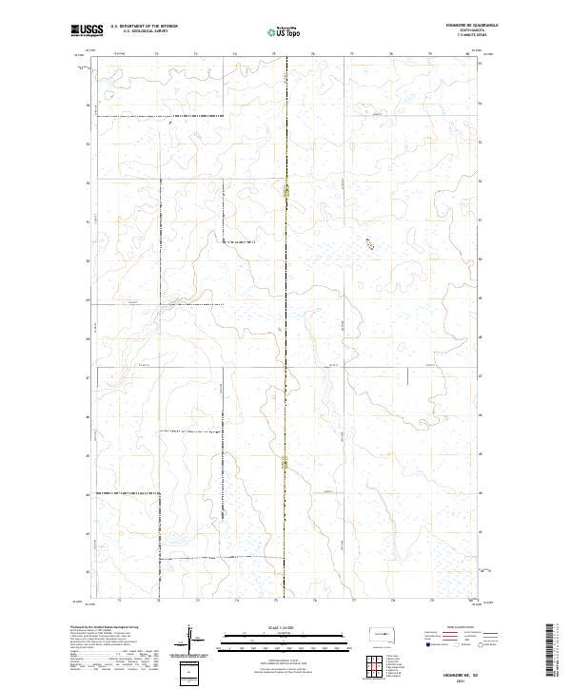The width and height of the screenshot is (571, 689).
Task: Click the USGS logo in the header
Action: click(88, 30)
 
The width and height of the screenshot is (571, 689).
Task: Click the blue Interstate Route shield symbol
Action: click(427, 644)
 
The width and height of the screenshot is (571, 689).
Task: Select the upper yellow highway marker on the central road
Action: click(286, 192)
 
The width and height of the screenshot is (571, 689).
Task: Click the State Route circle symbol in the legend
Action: click(481, 644)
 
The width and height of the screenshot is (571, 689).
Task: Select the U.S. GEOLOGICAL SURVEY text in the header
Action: click(145, 31)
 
